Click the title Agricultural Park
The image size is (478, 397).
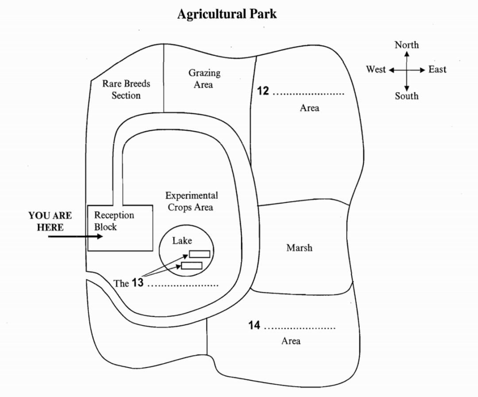tap(227, 14)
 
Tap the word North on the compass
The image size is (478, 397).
tap(406, 45)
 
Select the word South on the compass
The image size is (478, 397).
tap(406, 96)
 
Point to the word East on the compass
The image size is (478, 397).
tap(437, 69)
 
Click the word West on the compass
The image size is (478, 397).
tap(376, 69)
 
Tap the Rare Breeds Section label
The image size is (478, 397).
tap(126, 89)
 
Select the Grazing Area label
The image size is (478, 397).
tap(204, 78)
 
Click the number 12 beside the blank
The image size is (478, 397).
tap(263, 91)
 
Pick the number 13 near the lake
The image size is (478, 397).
tap(138, 283)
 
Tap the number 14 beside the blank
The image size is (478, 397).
tap(254, 326)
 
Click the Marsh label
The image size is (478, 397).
tap(299, 247)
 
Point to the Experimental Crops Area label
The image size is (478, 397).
tap(192, 201)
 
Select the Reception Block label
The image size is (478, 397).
tap(114, 221)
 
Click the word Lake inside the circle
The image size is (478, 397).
tap(182, 241)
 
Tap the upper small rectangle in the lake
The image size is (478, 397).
tap(200, 254)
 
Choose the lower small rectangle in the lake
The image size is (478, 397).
tap(192, 266)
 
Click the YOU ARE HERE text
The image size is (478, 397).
tap(50, 222)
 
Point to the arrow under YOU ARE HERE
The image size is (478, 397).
tap(75, 237)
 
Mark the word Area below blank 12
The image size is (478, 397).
tap(309, 108)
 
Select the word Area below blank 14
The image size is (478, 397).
tap(291, 341)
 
